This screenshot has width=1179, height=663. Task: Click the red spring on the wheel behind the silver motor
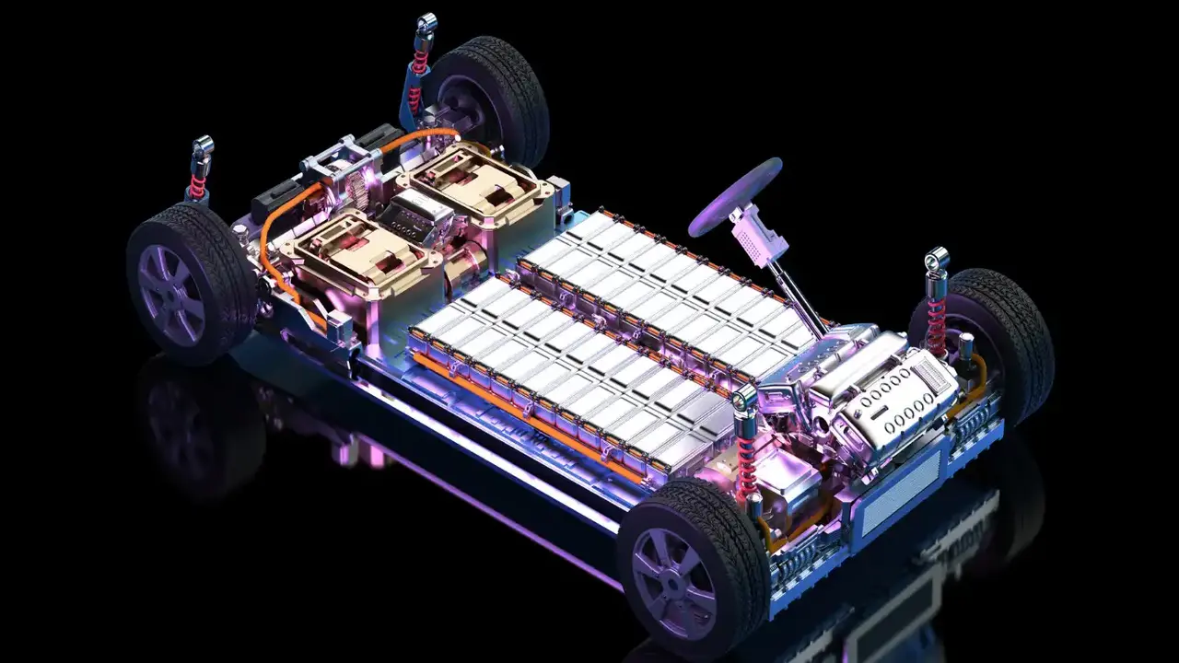pyautogui.click(x=937, y=322)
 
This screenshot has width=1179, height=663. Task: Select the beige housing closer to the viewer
pyautogui.click(x=359, y=250)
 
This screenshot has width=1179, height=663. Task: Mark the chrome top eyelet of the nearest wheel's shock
pyautogui.click(x=745, y=398)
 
